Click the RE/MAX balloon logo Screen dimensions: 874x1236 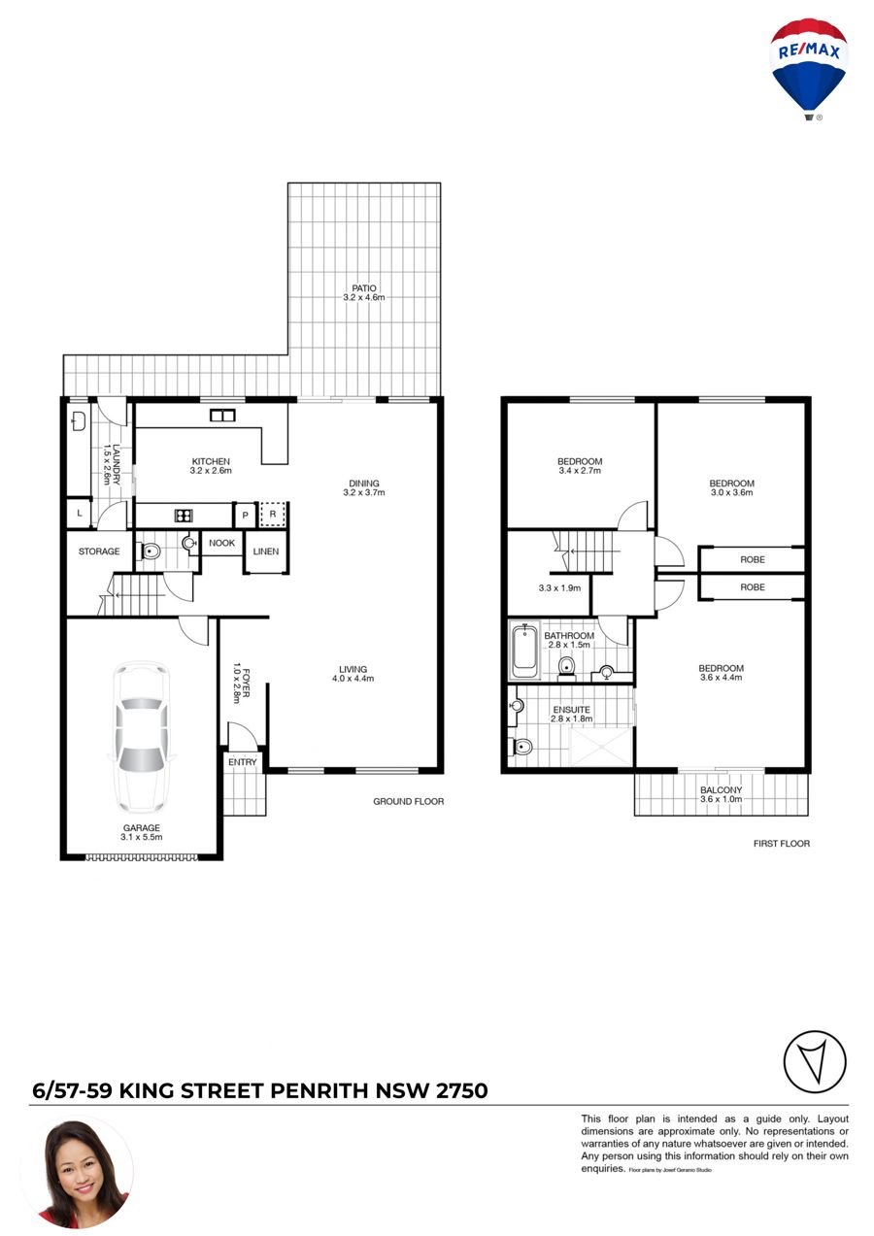pyautogui.click(x=808, y=69)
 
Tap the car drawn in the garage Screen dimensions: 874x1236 pyautogui.click(x=142, y=738)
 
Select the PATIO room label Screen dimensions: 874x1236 pyautogui.click(x=364, y=288)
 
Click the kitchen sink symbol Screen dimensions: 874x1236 pyautogui.click(x=222, y=415)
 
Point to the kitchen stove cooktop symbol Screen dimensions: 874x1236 pyautogui.click(x=184, y=516)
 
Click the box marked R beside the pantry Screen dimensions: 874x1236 pyautogui.click(x=273, y=515)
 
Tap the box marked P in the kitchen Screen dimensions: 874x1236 pyautogui.click(x=245, y=515)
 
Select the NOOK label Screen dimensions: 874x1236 pyautogui.click(x=221, y=543)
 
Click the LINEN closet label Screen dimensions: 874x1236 pyautogui.click(x=265, y=551)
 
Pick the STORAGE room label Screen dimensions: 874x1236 pyautogui.click(x=99, y=551)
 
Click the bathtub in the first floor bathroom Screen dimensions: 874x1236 pyautogui.click(x=524, y=651)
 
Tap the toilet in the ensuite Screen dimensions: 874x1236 pyautogui.click(x=521, y=747)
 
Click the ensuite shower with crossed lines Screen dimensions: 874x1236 pyautogui.click(x=600, y=747)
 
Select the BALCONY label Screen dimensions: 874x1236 pyautogui.click(x=722, y=790)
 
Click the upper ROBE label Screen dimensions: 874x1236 pyautogui.click(x=753, y=559)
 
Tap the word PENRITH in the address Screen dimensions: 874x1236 pyautogui.click(x=319, y=1091)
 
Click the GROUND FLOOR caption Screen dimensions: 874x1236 pyautogui.click(x=408, y=801)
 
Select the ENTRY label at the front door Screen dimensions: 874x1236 pyautogui.click(x=243, y=762)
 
